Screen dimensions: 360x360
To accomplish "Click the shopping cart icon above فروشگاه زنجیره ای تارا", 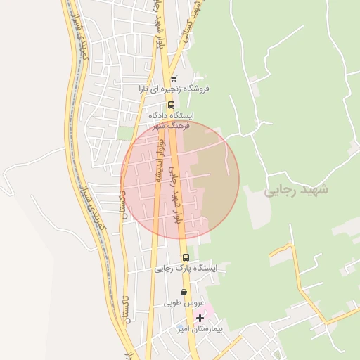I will point(173,78).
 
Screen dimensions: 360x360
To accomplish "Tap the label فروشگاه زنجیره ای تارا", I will point(179,89).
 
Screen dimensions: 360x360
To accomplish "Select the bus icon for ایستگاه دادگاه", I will point(171,106).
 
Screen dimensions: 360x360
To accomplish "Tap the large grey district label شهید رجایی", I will point(295,191).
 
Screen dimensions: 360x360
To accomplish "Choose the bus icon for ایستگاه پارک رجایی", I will point(186,257).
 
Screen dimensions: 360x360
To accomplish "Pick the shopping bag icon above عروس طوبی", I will point(184,292).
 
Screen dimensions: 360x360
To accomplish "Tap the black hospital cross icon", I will point(200,318).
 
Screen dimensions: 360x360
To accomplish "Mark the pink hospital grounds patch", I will point(209,310).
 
